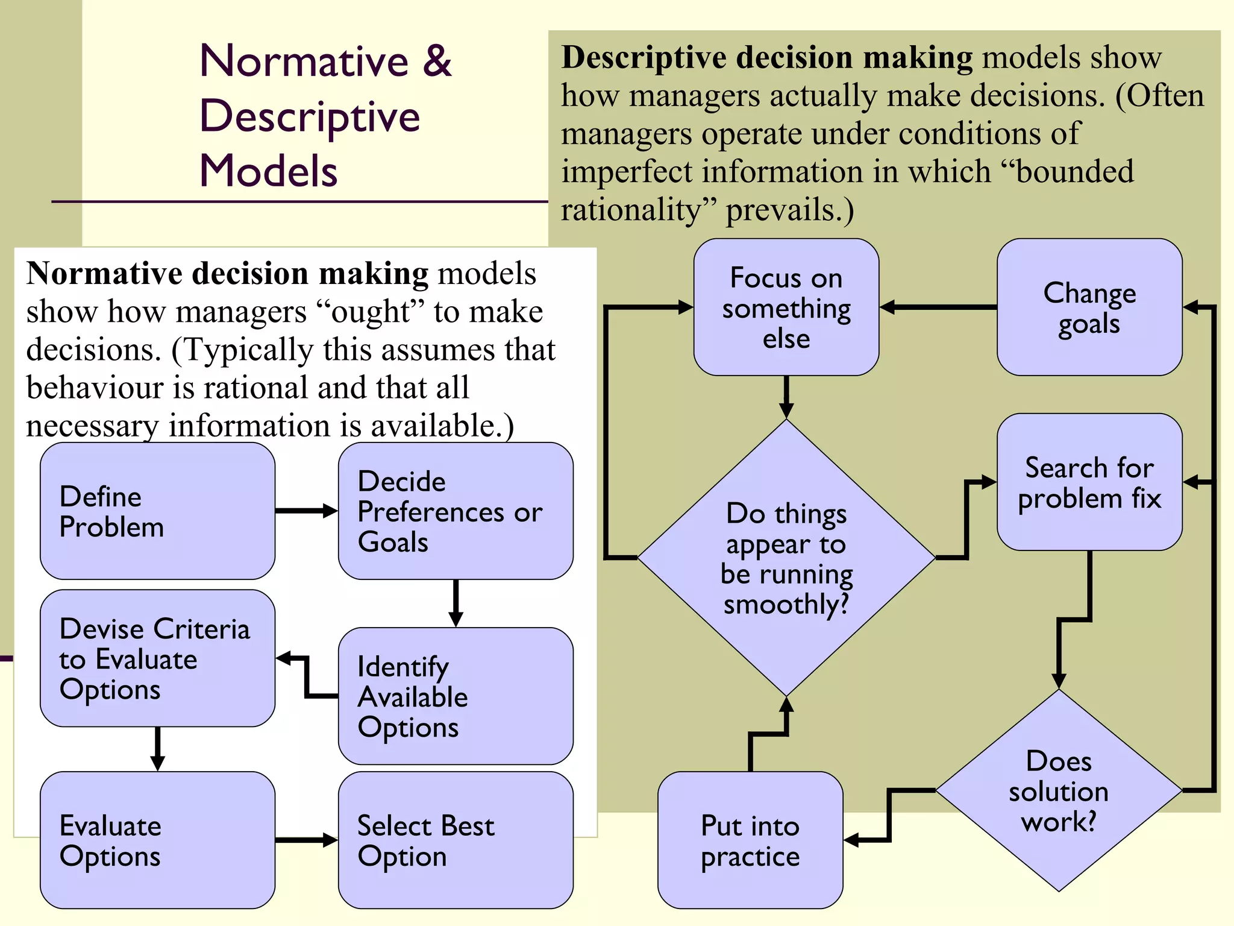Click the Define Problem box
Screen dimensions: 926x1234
click(x=157, y=511)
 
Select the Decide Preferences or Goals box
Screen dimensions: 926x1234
click(x=456, y=511)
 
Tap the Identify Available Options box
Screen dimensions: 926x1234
click(x=456, y=696)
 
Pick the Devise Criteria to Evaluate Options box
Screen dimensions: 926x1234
click(x=157, y=658)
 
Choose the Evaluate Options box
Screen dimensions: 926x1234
click(x=157, y=840)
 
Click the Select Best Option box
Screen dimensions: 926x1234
click(x=456, y=840)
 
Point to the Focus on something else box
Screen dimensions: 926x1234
click(x=786, y=307)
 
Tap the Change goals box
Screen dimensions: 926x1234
click(x=1089, y=307)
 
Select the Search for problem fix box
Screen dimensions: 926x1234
click(x=1089, y=482)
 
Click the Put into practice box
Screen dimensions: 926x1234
click(x=750, y=840)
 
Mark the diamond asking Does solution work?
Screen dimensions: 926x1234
click(x=1059, y=790)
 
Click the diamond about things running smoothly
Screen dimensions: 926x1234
click(x=786, y=558)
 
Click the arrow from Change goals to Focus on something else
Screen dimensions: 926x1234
click(x=938, y=307)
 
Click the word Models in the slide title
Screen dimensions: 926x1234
click(x=268, y=171)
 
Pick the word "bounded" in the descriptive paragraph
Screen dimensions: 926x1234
click(x=1074, y=172)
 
